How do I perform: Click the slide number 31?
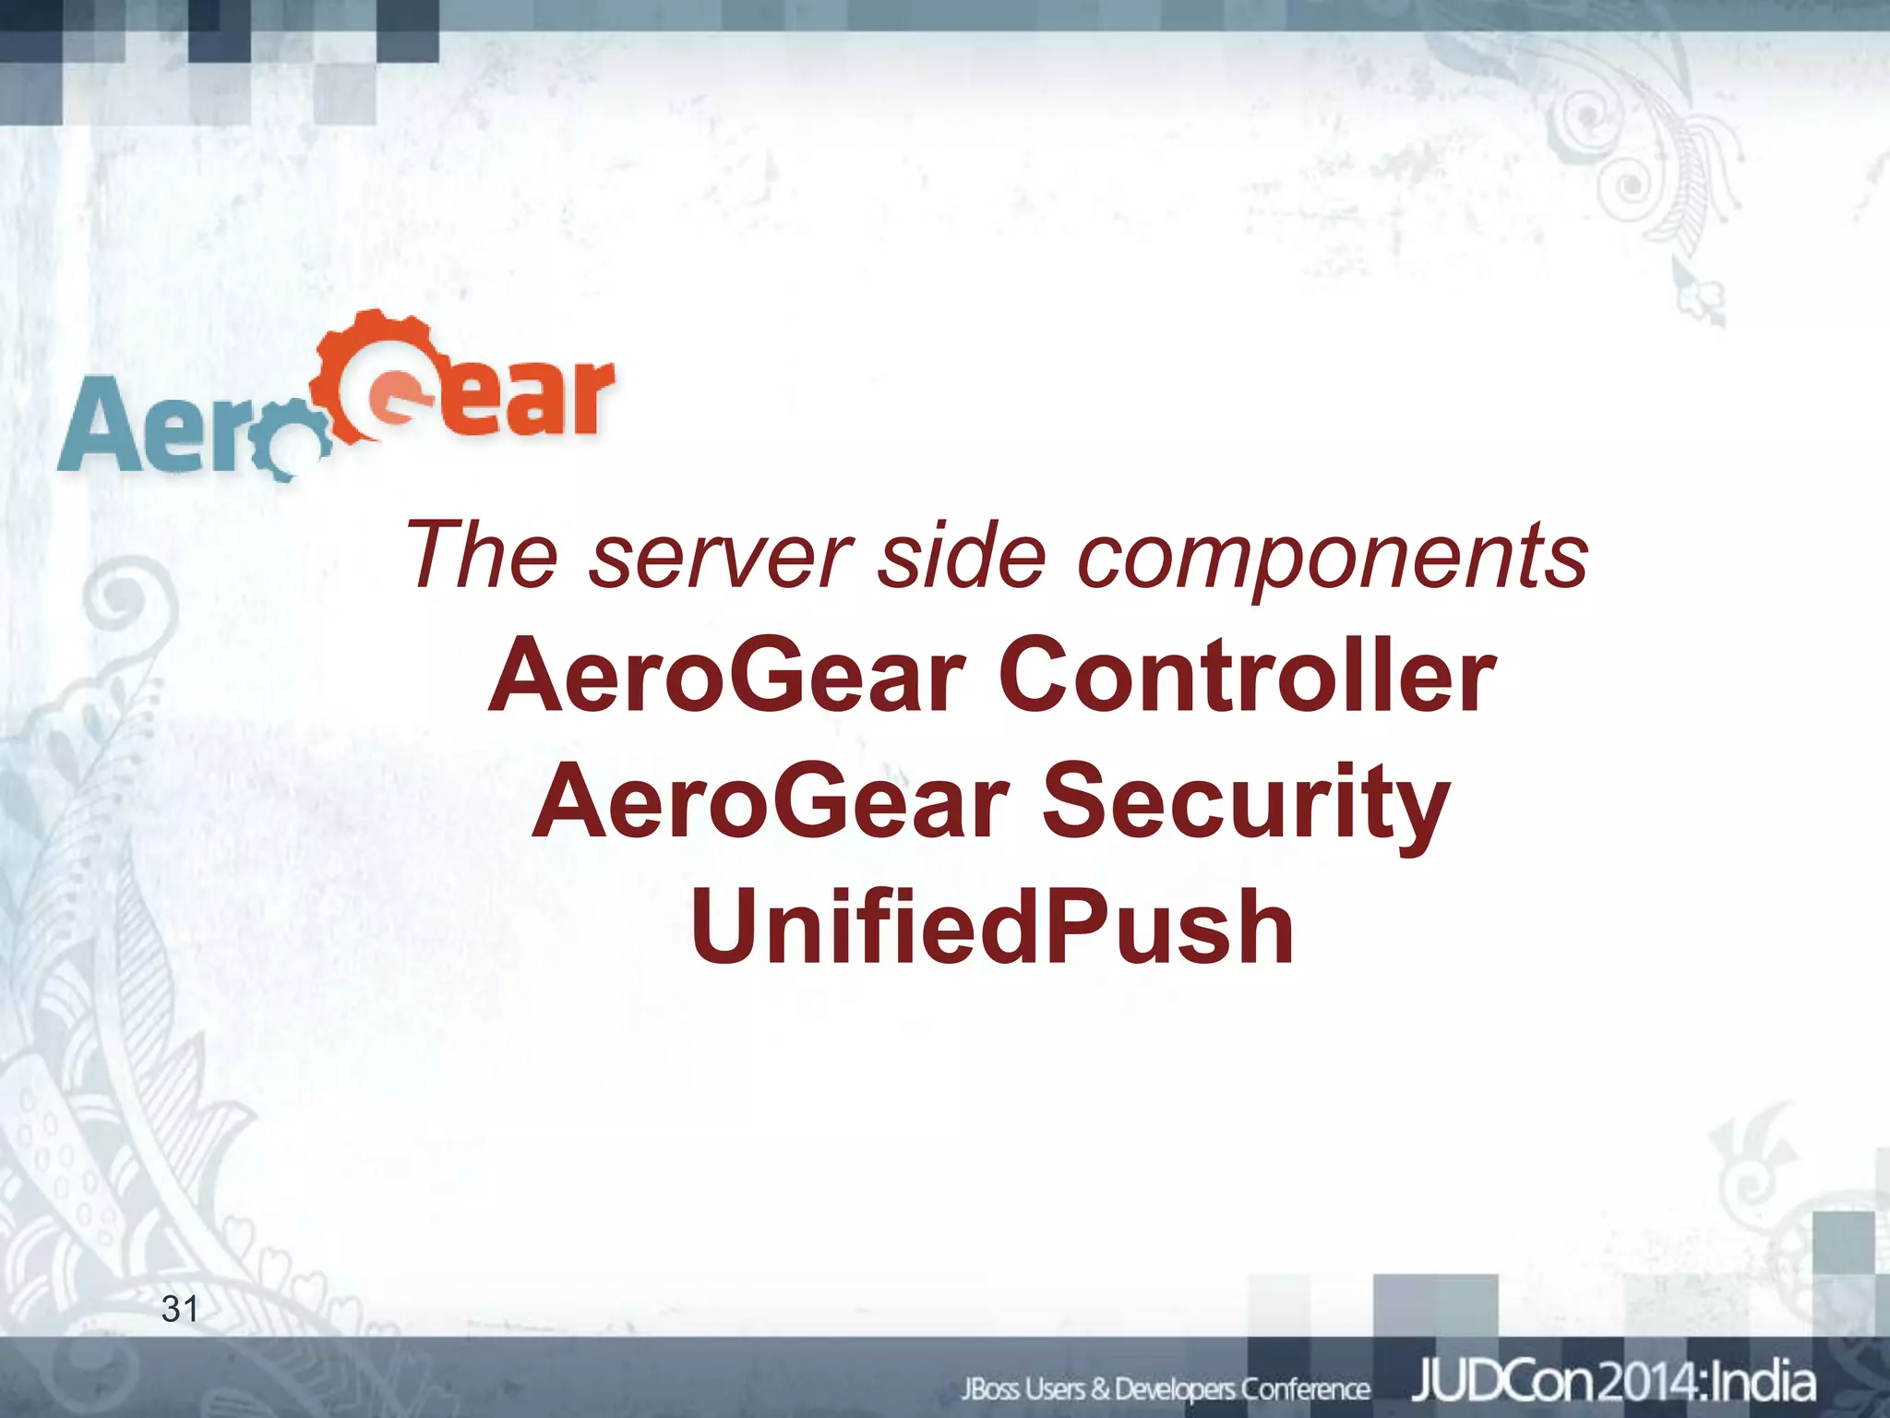[x=179, y=1309]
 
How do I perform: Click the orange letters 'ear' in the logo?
[x=535, y=399]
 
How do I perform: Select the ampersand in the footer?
[x=1100, y=1388]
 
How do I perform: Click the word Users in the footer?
[x=1057, y=1388]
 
